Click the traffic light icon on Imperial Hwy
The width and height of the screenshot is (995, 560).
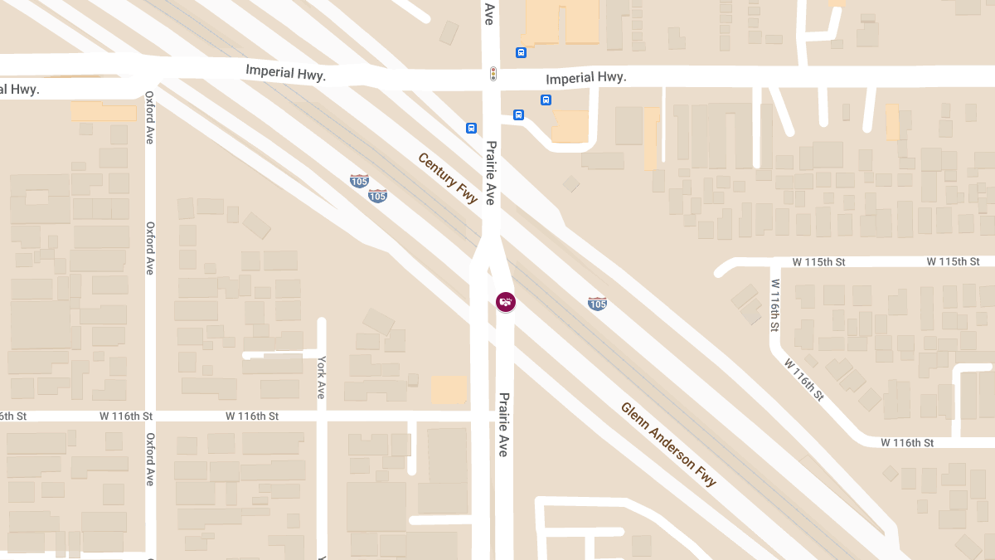[x=493, y=74]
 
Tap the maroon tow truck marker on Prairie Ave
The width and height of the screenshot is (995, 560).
[x=506, y=302]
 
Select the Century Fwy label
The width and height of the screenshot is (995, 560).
[x=448, y=178]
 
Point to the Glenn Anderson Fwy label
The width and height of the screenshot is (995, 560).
[x=668, y=444]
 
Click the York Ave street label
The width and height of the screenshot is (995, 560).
[x=321, y=377]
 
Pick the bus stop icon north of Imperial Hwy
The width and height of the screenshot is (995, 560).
[x=521, y=53]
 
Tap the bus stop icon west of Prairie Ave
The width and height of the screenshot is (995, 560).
[x=471, y=128]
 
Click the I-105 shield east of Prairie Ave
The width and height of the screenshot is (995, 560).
[x=597, y=304]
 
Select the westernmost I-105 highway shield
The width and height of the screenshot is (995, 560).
[x=359, y=180]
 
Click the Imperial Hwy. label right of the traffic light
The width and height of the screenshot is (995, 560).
[x=585, y=78]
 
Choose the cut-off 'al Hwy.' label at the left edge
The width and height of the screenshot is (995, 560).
[x=19, y=89]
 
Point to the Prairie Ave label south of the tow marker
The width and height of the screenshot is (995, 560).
[x=502, y=424]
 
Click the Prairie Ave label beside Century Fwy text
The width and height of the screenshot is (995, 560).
[x=490, y=172]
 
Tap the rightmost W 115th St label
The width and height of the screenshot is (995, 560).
[x=953, y=261]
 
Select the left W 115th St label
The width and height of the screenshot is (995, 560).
[x=818, y=261]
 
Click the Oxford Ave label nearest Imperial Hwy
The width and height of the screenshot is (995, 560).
[x=150, y=117]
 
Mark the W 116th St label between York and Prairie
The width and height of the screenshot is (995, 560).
[x=252, y=416]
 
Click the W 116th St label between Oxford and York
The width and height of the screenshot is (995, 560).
[x=126, y=416]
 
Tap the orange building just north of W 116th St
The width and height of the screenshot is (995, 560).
[x=449, y=390]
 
